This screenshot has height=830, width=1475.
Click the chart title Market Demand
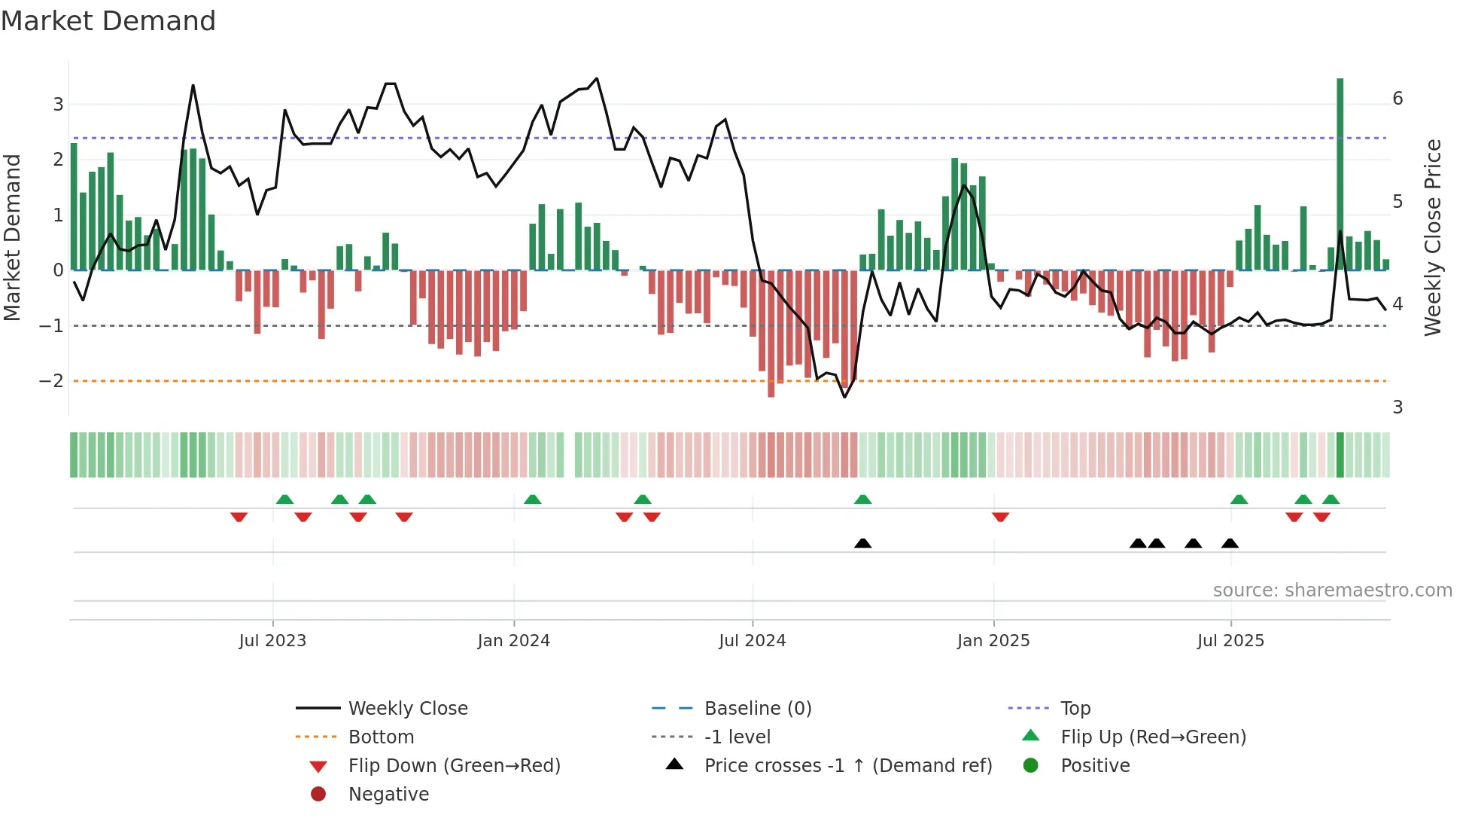[x=108, y=21]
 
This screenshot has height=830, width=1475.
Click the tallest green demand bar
[x=1340, y=173]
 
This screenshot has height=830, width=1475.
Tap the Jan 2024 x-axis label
[x=514, y=641]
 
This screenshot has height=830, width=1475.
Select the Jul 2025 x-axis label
[x=1230, y=641]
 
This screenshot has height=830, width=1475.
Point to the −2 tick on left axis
[x=52, y=381]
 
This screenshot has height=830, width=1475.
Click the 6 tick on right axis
[x=1397, y=99]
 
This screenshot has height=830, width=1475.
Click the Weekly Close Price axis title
[x=1433, y=237]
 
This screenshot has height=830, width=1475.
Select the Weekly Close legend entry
[x=407, y=709]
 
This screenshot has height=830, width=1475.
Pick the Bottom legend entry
[x=381, y=737]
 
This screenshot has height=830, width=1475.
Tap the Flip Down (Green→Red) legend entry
[x=454, y=766]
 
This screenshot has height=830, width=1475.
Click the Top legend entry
[x=1075, y=709]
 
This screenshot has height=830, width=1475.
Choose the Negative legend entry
[x=388, y=795]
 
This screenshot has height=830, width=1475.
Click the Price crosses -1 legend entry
[x=847, y=766]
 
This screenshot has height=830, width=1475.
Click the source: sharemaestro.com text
[x=1332, y=590]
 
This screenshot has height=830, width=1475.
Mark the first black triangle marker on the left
[x=863, y=544]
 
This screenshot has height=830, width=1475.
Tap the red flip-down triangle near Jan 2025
[x=1000, y=517]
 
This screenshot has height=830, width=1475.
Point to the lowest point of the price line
[x=844, y=397]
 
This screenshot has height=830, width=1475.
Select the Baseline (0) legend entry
[x=757, y=709]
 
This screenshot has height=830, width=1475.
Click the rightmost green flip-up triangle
[x=1331, y=499]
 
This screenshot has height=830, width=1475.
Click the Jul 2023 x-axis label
[x=272, y=641]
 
